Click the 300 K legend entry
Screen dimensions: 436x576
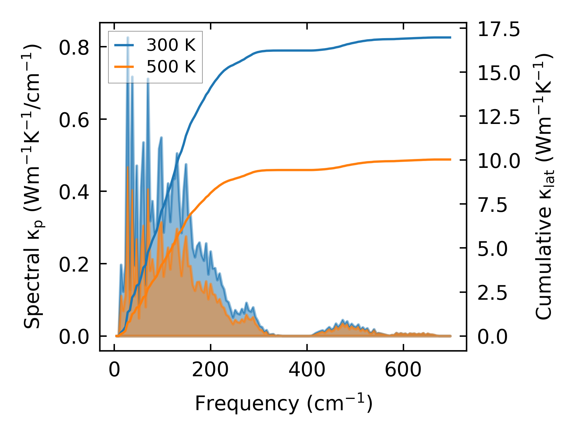[171, 45]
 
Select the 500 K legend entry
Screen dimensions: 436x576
[171, 67]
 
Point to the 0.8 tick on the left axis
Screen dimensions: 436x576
[74, 47]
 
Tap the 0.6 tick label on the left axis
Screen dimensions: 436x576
[74, 120]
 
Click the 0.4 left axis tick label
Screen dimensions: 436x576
[74, 192]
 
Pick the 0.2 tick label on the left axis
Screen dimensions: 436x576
[74, 264]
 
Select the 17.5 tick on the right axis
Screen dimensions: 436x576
[498, 29]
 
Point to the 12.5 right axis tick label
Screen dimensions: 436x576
[498, 117]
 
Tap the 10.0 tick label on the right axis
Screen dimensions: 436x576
[498, 161]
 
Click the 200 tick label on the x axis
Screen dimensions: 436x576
[210, 370]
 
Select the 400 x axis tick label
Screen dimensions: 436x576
[307, 370]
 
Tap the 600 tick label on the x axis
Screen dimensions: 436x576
[403, 370]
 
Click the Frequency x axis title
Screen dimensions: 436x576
[283, 403]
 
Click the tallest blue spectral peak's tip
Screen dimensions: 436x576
[128, 37]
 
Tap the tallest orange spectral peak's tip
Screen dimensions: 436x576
[128, 167]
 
